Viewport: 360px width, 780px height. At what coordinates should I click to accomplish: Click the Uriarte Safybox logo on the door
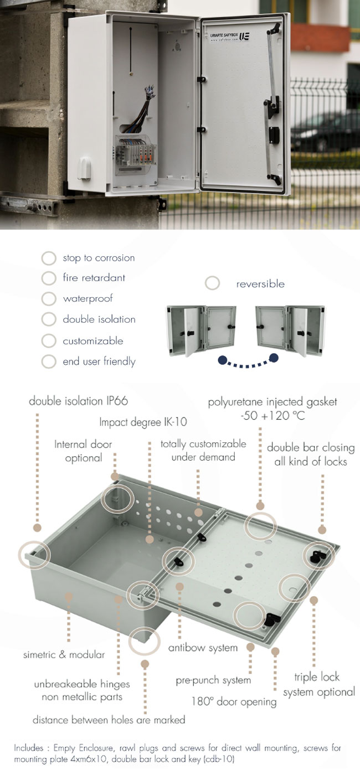coord(230,37)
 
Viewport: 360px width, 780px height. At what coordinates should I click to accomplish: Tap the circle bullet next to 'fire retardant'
coord(49,278)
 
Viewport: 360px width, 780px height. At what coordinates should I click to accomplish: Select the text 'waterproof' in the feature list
coord(88,298)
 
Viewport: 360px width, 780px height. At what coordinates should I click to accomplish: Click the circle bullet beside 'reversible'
coord(212,283)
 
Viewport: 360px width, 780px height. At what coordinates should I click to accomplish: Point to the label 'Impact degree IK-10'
coord(143,422)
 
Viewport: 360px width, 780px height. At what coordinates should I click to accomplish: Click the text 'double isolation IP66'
coord(79,401)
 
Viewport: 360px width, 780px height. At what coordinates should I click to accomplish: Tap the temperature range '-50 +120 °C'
coord(272,415)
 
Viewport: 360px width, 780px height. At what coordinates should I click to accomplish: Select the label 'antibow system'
coord(203,648)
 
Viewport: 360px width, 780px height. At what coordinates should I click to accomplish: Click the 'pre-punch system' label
coord(213,680)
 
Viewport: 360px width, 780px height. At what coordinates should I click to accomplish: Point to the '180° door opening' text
coord(234,701)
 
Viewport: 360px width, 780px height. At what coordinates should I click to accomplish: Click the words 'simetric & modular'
coord(64,655)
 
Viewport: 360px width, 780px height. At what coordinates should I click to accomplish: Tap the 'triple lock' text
coord(317,676)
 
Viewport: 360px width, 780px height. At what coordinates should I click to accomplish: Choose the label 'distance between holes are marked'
coord(109,720)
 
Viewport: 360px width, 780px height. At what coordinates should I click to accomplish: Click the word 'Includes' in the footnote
coord(29,748)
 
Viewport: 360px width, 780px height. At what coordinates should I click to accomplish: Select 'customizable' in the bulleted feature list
coord(92,341)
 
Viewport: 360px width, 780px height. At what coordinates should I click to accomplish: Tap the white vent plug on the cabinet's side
coord(84,168)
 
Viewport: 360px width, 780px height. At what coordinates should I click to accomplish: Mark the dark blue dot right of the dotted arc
coord(274,358)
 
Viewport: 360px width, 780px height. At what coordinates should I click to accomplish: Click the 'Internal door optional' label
coord(83,451)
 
